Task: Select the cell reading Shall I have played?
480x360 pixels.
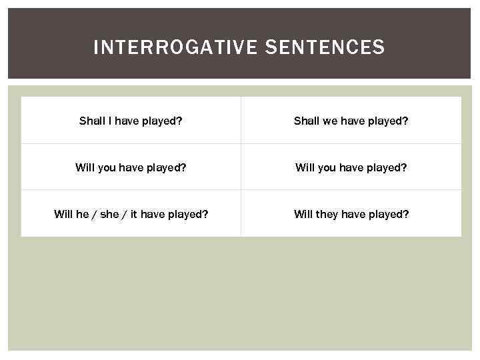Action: [131, 121]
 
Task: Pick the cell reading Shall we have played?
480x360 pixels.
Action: [351, 121]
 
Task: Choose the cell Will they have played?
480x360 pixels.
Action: [351, 214]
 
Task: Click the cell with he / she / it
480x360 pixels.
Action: [131, 214]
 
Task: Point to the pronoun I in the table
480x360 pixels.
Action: [110, 121]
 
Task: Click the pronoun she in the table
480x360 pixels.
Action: [109, 214]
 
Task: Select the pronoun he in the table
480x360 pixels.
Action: [83, 214]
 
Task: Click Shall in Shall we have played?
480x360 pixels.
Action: [307, 121]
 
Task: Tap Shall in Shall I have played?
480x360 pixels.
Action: [92, 121]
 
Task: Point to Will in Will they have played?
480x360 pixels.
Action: [303, 214]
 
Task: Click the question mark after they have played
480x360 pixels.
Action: [406, 214]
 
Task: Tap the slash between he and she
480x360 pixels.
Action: [95, 214]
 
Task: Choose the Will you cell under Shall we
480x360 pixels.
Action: [351, 167]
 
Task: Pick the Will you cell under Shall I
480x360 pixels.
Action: [131, 167]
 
